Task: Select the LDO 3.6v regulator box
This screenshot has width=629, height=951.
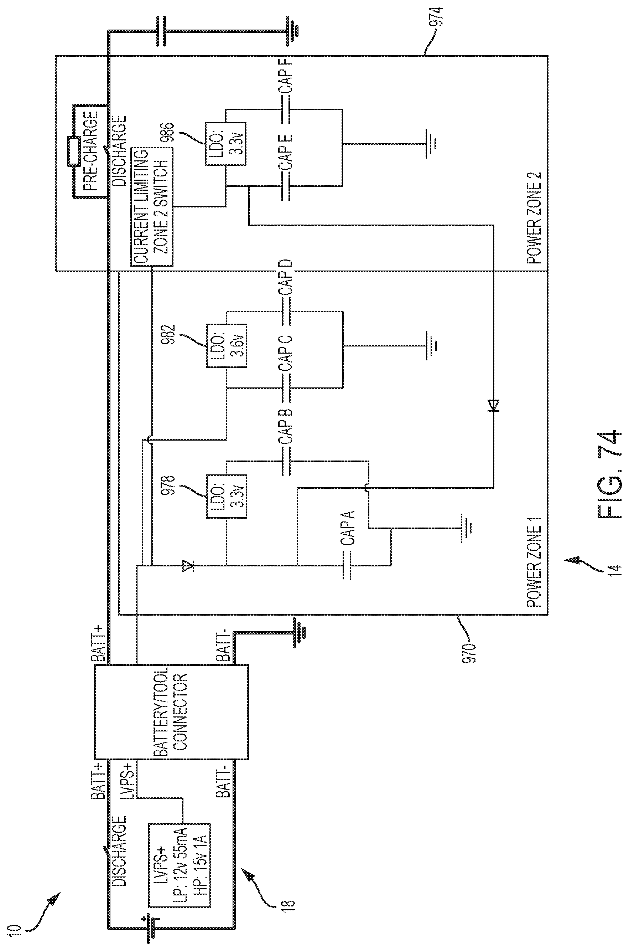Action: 227,346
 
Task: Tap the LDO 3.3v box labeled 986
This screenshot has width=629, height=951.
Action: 226,144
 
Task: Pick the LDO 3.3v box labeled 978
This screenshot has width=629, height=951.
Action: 227,496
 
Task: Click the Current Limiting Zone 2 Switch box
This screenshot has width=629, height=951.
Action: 152,206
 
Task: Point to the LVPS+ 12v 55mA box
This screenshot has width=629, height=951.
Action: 179,859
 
